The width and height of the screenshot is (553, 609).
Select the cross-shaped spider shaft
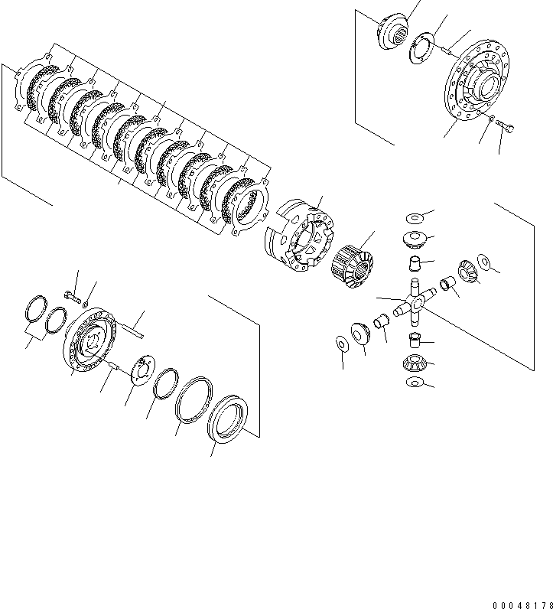point(414,303)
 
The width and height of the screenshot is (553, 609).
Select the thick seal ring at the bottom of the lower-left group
point(228,417)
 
